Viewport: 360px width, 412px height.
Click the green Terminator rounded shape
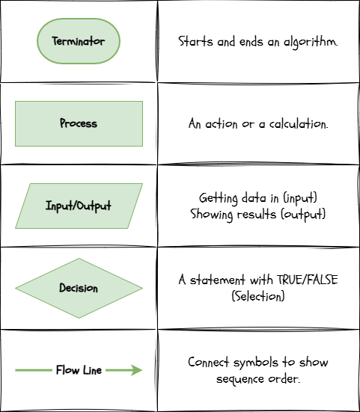tap(79, 41)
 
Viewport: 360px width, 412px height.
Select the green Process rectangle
tap(79, 123)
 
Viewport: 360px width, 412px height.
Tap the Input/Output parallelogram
tap(79, 206)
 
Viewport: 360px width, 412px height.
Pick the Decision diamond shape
tap(79, 288)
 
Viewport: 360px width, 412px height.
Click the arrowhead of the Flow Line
tap(135, 370)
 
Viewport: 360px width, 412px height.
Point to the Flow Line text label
tap(79, 370)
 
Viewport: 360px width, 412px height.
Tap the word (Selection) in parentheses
tap(258, 295)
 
